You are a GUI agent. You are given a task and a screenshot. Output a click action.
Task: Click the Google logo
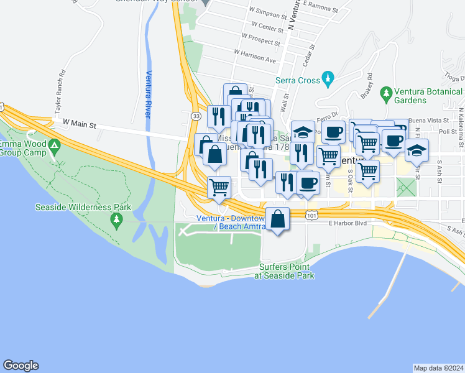[21, 366]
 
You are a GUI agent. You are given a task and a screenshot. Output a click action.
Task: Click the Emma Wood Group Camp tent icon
[55, 147]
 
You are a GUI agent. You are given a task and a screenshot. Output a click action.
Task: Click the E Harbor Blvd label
[346, 223]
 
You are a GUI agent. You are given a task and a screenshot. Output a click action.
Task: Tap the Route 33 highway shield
[196, 116]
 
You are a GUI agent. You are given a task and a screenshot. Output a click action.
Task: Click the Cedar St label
[306, 57]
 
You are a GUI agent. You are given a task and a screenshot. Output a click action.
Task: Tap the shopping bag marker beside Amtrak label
[278, 219]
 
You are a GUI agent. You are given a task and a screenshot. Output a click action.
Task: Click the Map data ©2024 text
[438, 368]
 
